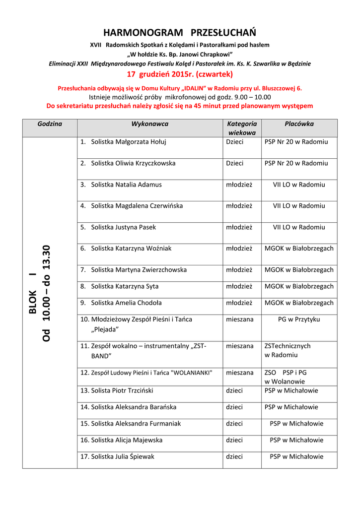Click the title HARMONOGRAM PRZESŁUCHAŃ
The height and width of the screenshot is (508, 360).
[180, 33]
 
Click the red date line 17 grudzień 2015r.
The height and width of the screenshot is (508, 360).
[180, 74]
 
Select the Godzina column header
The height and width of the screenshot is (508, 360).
[50, 124]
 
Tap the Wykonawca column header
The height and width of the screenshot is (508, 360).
[149, 124]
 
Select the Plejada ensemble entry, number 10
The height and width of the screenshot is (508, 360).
[136, 324]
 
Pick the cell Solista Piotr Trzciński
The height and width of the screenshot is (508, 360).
[122, 391]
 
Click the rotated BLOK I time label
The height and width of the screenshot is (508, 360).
[40, 293]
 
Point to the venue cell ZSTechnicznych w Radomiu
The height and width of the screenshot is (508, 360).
[288, 350]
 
